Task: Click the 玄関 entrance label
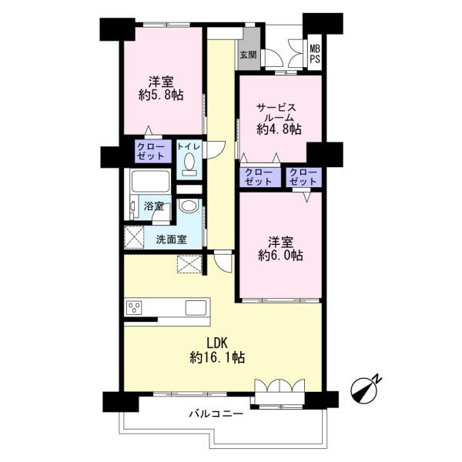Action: point(248,55)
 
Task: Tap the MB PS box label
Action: point(315,55)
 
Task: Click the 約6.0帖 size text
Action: point(280,255)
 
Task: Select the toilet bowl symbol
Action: point(189,163)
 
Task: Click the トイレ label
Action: point(189,146)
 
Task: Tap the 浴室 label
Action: point(153,206)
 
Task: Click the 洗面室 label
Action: point(171,239)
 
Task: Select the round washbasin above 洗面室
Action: point(187,207)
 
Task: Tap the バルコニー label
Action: point(216,413)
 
